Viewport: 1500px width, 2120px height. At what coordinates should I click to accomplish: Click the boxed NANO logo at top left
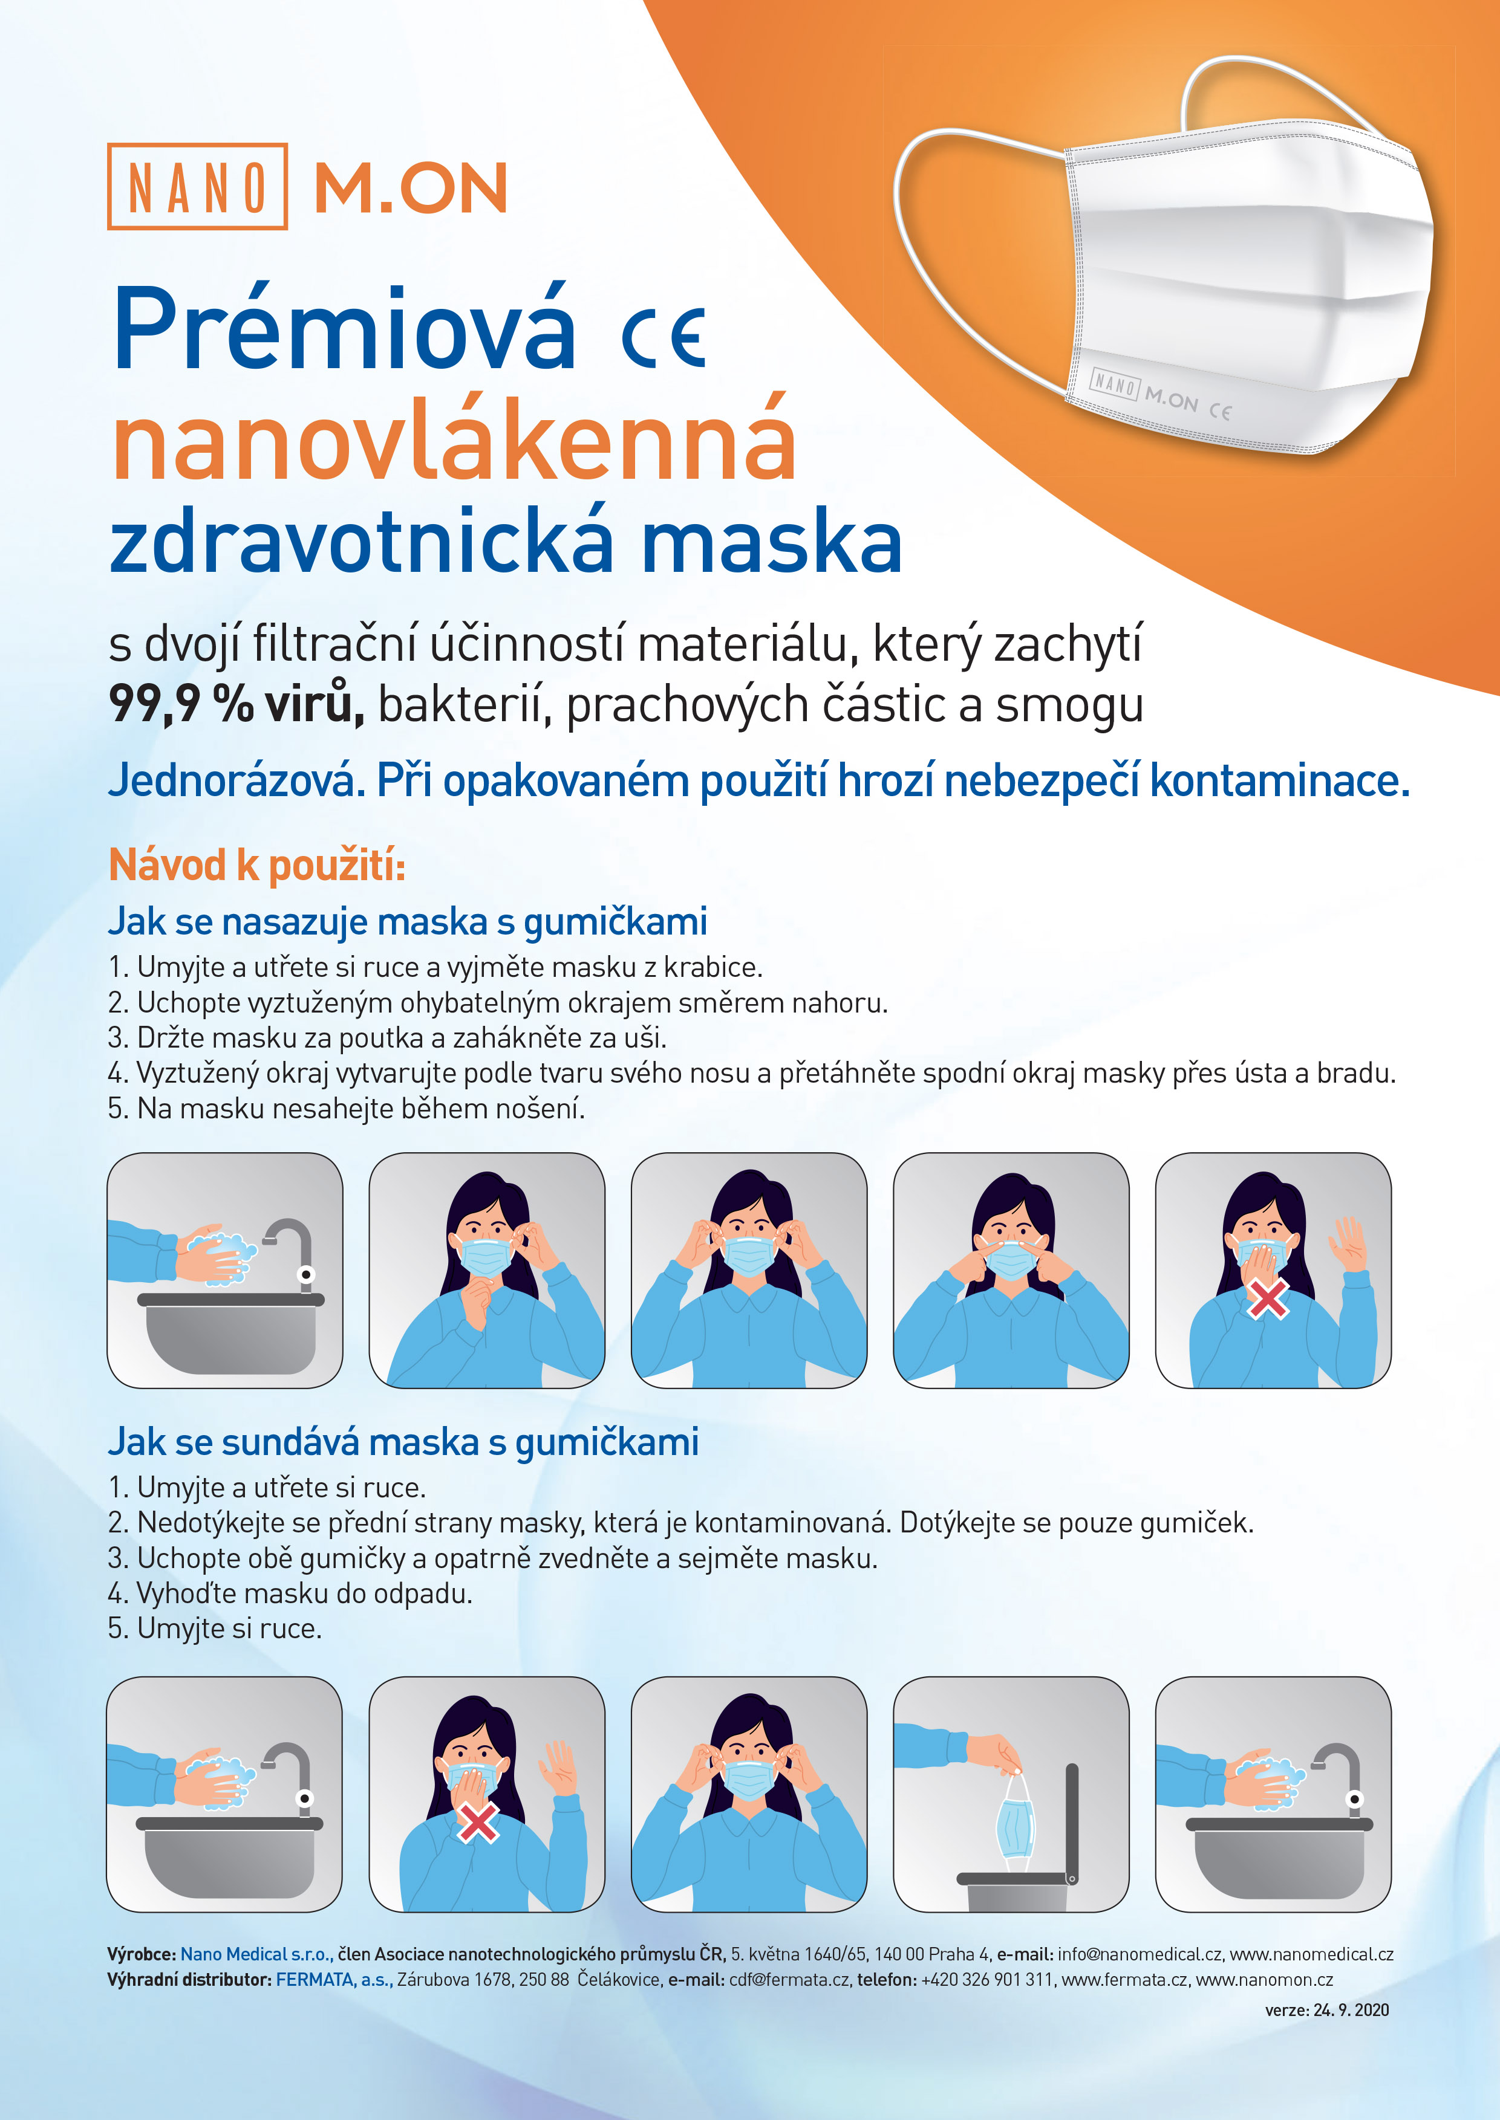[x=197, y=187]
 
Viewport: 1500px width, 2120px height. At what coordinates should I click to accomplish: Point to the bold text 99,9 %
[x=181, y=704]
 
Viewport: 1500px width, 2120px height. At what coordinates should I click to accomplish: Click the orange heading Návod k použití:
[x=257, y=865]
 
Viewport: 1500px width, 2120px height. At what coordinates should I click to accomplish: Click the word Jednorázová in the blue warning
[x=231, y=780]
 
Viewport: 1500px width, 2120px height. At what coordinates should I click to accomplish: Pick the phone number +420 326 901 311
[x=986, y=1980]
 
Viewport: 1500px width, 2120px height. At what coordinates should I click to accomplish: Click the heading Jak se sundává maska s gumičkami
[x=403, y=1441]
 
